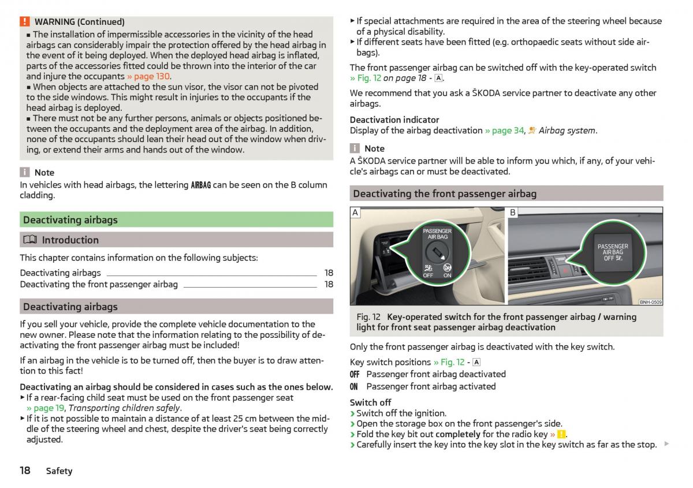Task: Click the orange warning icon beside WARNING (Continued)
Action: [x=25, y=22]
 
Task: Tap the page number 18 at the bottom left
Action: [x=25, y=470]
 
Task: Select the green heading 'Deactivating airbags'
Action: [x=70, y=220]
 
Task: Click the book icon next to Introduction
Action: [x=29, y=240]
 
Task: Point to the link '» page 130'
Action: [x=148, y=76]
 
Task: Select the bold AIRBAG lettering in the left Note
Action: [x=201, y=185]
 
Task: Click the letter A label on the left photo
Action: [x=355, y=213]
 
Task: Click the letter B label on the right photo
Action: [x=513, y=213]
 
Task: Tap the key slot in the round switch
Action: [x=437, y=252]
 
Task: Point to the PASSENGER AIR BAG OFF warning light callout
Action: [x=613, y=252]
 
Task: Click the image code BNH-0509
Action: [x=651, y=301]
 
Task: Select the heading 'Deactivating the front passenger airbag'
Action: [x=445, y=194]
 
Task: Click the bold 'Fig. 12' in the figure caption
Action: [x=368, y=317]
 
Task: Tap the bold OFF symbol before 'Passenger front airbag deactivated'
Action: [x=355, y=374]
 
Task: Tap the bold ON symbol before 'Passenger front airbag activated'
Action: [x=354, y=386]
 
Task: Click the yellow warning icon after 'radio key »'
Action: [x=561, y=434]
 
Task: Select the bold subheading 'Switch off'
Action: [x=370, y=403]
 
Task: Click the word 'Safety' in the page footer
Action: [x=59, y=471]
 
